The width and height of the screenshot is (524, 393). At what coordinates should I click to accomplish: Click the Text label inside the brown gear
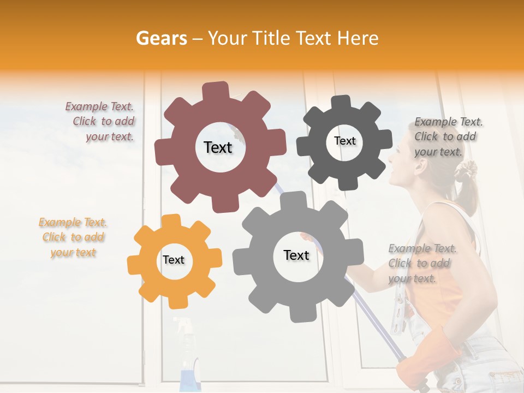tap(218, 147)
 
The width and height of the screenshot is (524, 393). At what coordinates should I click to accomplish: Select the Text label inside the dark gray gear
tap(344, 141)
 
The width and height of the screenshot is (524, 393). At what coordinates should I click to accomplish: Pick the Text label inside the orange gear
tap(174, 260)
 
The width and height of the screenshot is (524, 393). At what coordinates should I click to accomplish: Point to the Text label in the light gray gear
tap(296, 255)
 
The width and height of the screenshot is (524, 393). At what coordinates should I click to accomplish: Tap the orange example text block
tap(73, 237)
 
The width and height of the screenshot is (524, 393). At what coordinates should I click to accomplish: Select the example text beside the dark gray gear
tap(448, 136)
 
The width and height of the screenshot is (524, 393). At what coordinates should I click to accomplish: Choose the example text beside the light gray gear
tap(421, 263)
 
